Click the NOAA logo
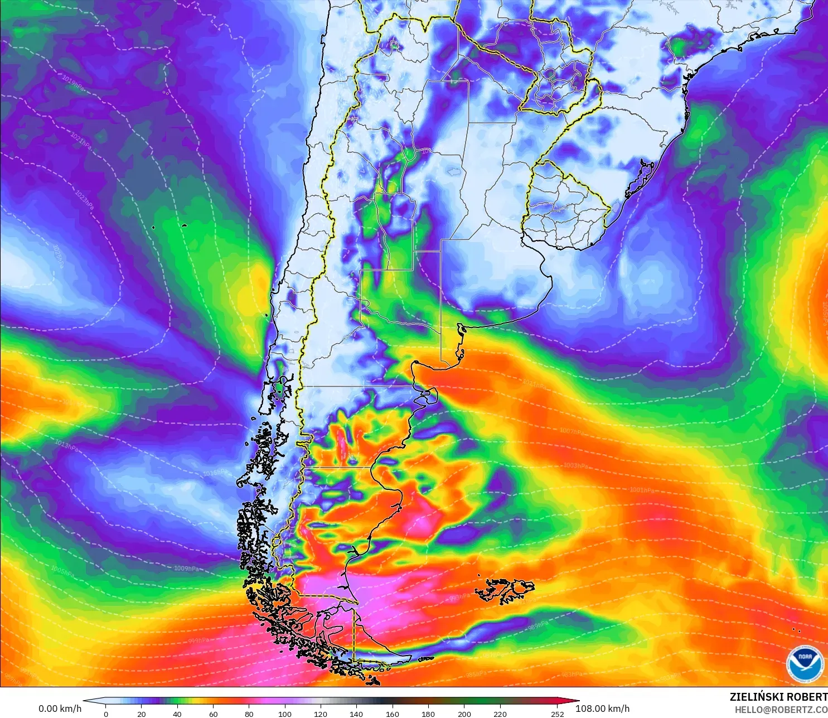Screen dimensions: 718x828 tap(805, 663)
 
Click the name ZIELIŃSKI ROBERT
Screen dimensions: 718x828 tap(778, 697)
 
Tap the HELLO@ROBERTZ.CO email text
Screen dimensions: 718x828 tap(781, 710)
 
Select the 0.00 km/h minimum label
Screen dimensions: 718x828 tap(60, 709)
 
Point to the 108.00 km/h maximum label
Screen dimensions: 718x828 tap(602, 709)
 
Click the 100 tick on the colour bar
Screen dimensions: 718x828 tap(285, 714)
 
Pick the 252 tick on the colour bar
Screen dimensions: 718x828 tap(557, 714)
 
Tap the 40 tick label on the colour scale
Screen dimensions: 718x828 tap(177, 714)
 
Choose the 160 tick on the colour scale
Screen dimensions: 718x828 tap(393, 714)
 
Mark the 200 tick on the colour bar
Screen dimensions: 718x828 tap(464, 714)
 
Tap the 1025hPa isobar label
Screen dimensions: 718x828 tap(59, 256)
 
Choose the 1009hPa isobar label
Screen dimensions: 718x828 tap(186, 568)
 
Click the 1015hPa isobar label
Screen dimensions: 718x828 tap(215, 473)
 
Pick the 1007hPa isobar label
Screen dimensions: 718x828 tap(572, 431)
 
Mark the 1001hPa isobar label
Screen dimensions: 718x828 tap(641, 490)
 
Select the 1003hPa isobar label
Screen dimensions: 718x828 tap(575, 465)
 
